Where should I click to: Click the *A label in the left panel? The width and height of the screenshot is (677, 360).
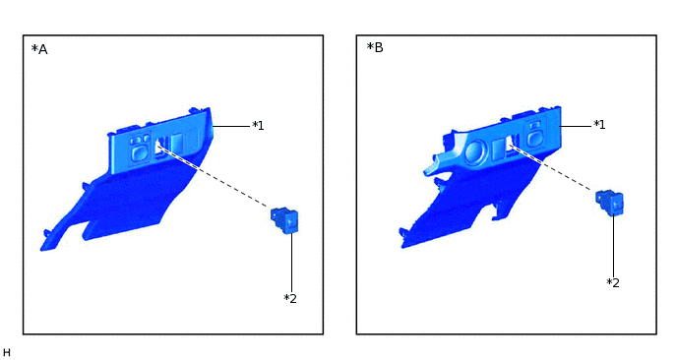39,49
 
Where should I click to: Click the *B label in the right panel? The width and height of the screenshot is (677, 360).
375,47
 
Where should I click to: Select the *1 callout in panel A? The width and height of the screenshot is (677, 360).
258,126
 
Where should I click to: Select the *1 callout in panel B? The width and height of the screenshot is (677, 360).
599,125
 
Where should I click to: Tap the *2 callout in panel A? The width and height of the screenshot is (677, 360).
290,298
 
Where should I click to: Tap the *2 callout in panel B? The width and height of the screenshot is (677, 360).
613,282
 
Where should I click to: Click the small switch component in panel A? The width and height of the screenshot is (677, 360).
284,220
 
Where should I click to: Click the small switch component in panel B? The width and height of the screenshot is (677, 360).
609,203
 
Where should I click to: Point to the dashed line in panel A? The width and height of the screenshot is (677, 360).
214,176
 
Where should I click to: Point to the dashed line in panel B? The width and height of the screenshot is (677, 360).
551,167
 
